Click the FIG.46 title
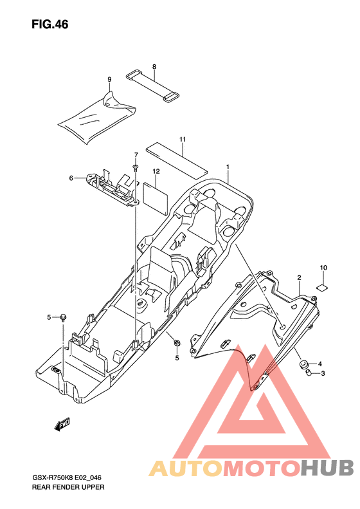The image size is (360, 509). click(x=50, y=24)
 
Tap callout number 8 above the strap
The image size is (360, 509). click(x=154, y=66)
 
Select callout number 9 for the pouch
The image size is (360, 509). click(x=109, y=79)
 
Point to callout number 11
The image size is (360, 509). click(x=183, y=139)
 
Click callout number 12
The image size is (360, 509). click(x=156, y=171)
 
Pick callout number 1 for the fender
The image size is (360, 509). click(x=228, y=167)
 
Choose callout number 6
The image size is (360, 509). click(x=71, y=178)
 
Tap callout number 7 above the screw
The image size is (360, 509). click(x=136, y=154)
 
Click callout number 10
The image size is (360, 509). click(x=323, y=268)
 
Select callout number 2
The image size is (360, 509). click(x=299, y=277)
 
